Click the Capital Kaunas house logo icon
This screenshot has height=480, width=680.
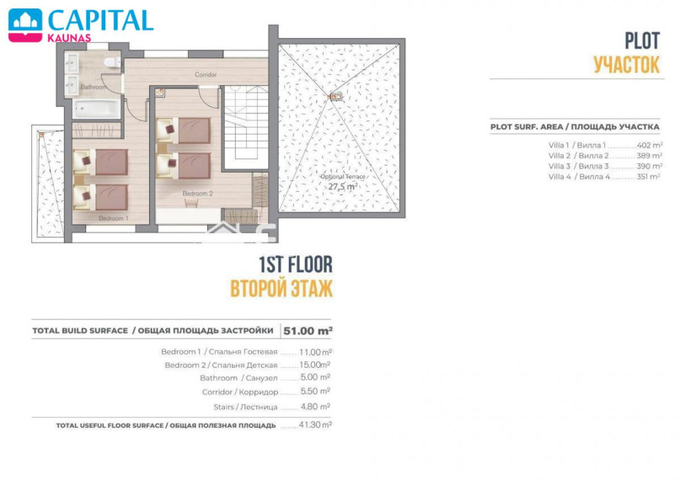coord(25,25)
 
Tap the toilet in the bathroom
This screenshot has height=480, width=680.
coord(112,62)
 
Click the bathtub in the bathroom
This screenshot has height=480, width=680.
coord(96,109)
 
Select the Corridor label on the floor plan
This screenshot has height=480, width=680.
coord(206,74)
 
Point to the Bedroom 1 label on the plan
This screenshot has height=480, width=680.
coord(114,218)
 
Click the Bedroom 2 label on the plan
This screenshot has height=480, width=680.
coord(198,194)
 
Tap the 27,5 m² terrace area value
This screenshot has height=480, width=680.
coord(343,187)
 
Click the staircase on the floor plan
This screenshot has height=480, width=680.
coord(245,128)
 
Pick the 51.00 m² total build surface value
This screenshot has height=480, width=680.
coord(308,331)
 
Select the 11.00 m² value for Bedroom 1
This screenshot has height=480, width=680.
coord(316,352)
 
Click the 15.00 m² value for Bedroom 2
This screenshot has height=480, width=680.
coord(315,365)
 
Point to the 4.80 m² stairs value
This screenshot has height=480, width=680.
coord(315,407)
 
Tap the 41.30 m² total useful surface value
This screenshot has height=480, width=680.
coord(315,425)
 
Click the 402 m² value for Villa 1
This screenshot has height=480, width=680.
coord(649,146)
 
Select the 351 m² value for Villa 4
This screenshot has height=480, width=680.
coord(648,177)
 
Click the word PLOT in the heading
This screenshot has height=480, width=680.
coord(642,41)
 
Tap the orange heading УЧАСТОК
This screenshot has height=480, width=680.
coord(627,65)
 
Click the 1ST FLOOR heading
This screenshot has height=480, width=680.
coord(296,264)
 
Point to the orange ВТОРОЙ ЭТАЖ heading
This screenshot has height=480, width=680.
coord(281,289)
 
